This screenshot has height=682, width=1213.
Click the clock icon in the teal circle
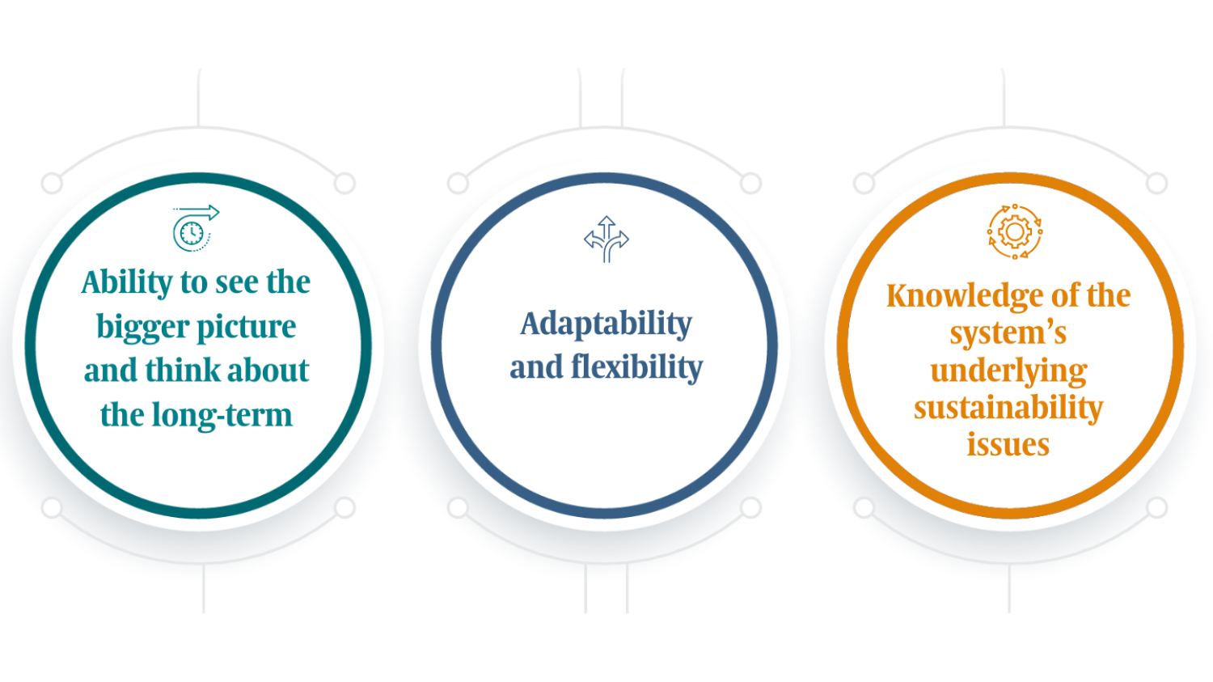(x=196, y=228)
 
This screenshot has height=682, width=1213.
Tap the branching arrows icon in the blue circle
(x=606, y=239)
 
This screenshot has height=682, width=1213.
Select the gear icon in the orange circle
(x=1015, y=232)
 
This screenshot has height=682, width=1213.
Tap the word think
(x=183, y=371)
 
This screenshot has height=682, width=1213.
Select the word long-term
(x=222, y=416)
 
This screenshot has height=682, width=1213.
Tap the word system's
(x=1008, y=333)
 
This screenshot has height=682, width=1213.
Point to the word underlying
(x=1009, y=372)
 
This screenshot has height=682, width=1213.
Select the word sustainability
(x=1008, y=408)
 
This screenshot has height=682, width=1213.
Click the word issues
(x=1008, y=445)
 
